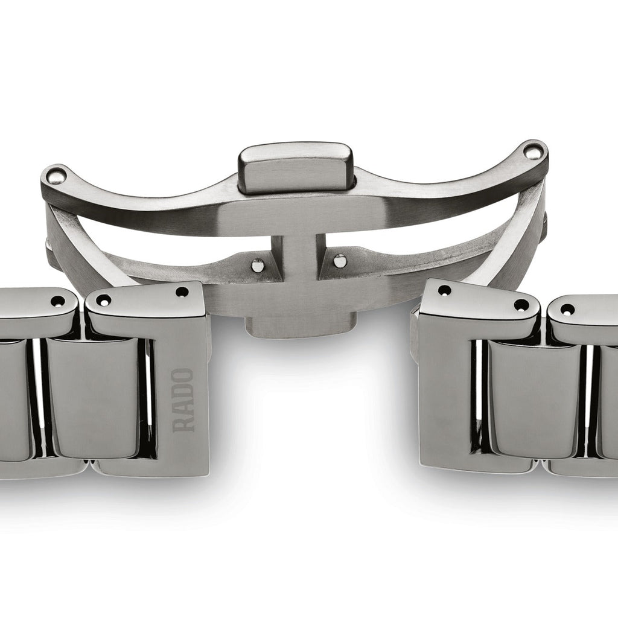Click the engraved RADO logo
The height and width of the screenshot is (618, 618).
pyautogui.click(x=183, y=400)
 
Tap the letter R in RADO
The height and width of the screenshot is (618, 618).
pyautogui.click(x=183, y=424)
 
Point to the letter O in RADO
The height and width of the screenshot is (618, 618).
pyautogui.click(x=183, y=375)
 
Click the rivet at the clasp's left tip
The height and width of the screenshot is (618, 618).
pyautogui.click(x=55, y=176)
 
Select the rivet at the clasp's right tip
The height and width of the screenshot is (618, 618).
pyautogui.click(x=532, y=151)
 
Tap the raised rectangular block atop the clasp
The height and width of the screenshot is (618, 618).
pyautogui.click(x=295, y=168)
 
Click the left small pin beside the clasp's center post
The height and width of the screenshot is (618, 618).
pyautogui.click(x=258, y=265)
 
